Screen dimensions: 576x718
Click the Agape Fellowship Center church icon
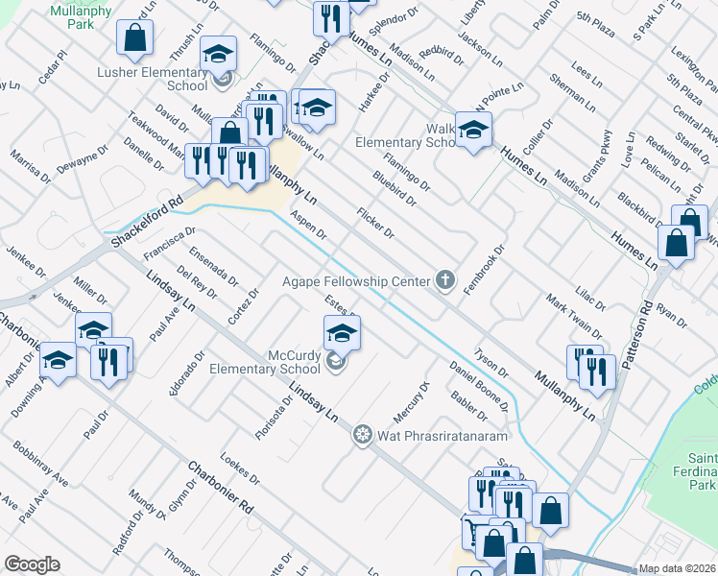point(444,280)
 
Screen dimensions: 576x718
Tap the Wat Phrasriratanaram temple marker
point(362,435)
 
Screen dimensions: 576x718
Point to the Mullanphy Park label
point(83,18)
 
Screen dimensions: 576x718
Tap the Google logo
point(32,564)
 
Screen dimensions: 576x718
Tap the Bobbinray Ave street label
point(40,463)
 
